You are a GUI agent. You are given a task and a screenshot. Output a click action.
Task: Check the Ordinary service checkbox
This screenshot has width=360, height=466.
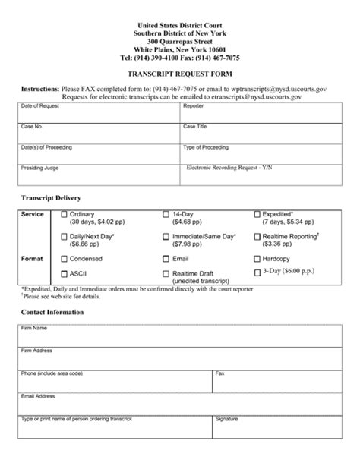[64, 215]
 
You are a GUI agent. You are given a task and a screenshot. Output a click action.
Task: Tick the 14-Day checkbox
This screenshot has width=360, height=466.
[166, 215]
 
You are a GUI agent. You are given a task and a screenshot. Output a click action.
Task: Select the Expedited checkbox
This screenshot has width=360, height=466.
[257, 215]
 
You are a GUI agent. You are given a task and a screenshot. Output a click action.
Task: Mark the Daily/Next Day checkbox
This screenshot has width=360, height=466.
[64, 237]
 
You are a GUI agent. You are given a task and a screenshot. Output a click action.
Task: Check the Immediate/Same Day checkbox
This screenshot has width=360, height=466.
[166, 237]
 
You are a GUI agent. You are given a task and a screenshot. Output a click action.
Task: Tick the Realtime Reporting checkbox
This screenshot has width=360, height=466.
[257, 237]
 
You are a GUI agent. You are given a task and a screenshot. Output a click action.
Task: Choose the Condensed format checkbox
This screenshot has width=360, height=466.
[64, 258]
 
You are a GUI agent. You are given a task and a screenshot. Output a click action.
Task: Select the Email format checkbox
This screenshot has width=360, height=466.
[166, 258]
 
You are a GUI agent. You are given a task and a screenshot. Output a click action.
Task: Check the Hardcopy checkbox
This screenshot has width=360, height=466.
[257, 258]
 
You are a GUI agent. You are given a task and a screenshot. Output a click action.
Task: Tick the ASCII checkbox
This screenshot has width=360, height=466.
[64, 273]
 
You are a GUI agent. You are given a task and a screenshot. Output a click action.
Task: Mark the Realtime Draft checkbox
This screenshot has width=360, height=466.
[166, 273]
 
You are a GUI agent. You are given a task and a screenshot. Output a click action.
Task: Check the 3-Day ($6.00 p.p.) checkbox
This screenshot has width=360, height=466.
[257, 272]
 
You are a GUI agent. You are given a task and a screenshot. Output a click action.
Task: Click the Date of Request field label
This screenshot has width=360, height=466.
[37, 106]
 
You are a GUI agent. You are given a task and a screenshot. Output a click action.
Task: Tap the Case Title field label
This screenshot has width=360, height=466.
[194, 126]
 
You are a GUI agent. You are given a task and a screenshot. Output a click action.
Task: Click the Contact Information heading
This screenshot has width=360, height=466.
[52, 312]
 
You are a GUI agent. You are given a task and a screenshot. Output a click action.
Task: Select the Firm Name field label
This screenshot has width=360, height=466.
[34, 328]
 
